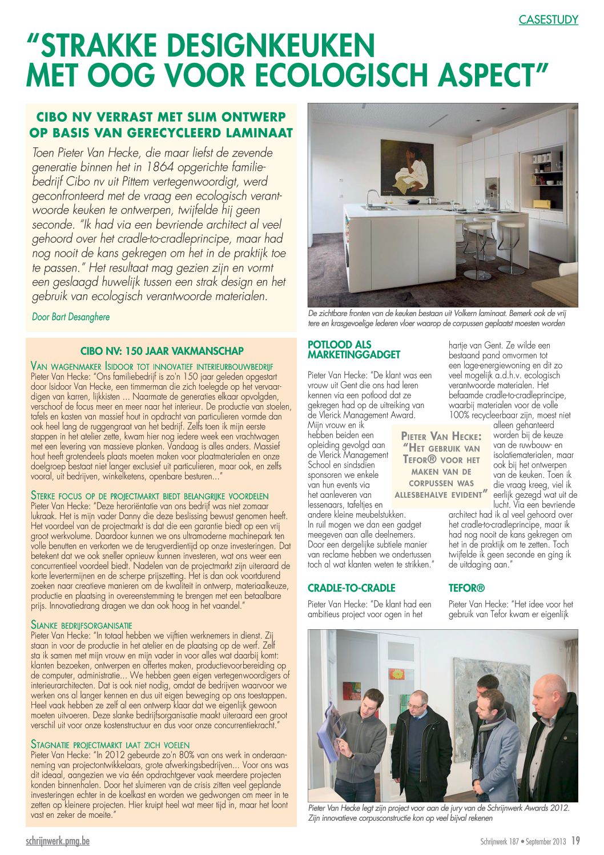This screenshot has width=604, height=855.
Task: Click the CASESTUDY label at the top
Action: coord(548,20)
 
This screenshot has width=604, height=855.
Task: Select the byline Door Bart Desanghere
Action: coord(71,317)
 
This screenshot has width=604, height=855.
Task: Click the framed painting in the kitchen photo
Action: coord(407,168)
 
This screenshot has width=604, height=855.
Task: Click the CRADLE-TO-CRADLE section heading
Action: coord(351,588)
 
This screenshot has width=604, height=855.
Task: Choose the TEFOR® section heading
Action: coord(466,588)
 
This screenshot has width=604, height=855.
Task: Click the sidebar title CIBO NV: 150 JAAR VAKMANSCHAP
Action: coord(162,351)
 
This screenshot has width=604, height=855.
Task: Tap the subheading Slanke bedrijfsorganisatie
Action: coord(81,625)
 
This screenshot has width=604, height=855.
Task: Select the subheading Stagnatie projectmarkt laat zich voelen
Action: coord(110,745)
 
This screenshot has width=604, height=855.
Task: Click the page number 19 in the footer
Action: coord(575,841)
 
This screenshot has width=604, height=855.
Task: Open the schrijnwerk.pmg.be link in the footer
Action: coord(58,841)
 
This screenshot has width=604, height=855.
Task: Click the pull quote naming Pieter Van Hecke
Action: coord(441,465)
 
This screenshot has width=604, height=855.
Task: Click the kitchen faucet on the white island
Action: coord(370,197)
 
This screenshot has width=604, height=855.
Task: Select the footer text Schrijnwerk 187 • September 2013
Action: coord(522,841)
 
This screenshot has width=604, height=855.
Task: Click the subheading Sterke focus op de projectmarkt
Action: coord(150,496)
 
